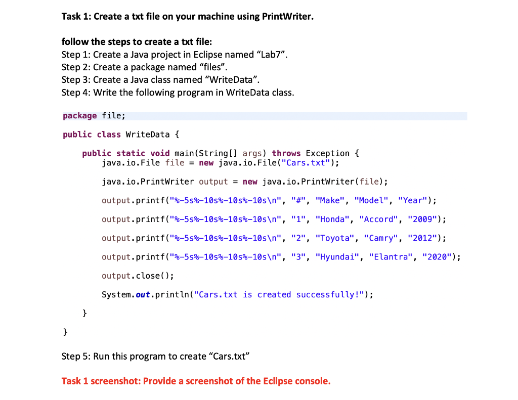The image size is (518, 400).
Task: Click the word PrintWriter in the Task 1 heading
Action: click(287, 17)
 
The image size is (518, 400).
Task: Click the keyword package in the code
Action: click(80, 116)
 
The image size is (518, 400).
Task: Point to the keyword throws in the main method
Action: click(286, 153)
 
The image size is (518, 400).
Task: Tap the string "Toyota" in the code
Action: click(335, 238)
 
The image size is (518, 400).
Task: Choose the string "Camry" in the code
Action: click(382, 238)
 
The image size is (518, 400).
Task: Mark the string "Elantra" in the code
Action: click(391, 257)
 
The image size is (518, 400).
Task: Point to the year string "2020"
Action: click(438, 257)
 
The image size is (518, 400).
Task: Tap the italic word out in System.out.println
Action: click(144, 295)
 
